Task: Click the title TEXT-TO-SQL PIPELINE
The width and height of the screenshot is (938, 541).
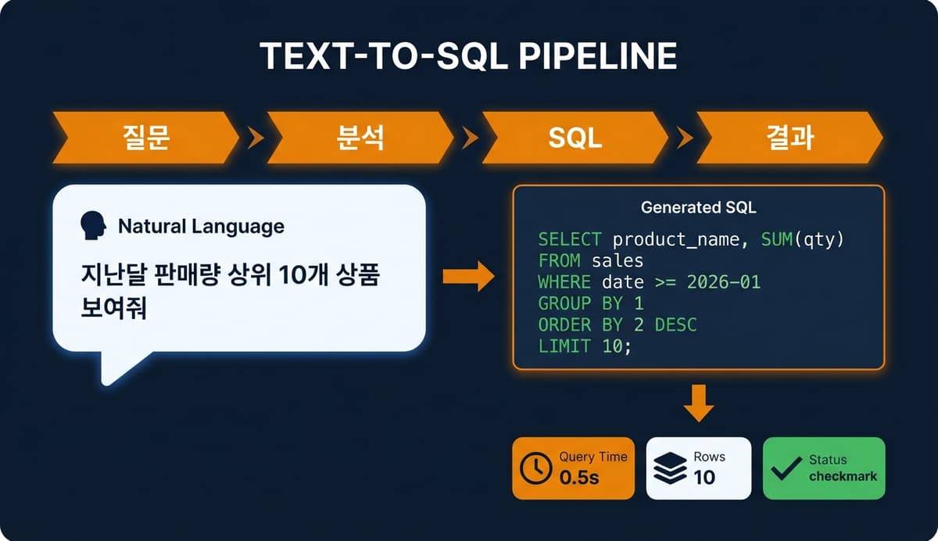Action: tap(468, 57)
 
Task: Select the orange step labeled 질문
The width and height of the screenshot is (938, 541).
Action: tap(146, 138)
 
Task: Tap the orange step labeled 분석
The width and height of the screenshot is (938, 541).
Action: tap(361, 138)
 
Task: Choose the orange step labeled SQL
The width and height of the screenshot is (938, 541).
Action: tap(575, 138)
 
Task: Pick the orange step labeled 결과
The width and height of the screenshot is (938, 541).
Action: tap(789, 138)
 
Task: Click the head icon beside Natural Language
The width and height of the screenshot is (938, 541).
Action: tap(94, 227)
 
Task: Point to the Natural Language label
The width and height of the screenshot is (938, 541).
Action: tap(201, 227)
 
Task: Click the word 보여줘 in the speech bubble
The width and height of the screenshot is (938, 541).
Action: tap(116, 307)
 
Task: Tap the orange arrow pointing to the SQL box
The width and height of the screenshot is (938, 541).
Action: tap(468, 276)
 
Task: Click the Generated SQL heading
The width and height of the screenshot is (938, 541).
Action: tap(698, 208)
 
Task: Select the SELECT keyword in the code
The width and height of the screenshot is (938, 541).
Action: tap(570, 239)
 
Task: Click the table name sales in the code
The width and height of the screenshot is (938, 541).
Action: tap(618, 260)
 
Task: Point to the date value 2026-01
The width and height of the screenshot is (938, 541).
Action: tap(724, 281)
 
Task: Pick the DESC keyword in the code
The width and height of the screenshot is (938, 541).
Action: tap(675, 324)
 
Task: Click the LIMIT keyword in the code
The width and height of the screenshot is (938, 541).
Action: tap(564, 346)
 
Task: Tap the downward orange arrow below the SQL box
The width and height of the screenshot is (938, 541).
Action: tap(699, 402)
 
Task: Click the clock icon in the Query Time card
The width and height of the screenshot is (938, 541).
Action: tap(535, 468)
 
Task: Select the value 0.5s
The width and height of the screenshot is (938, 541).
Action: tap(579, 477)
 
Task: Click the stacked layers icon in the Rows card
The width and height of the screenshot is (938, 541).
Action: tap(670, 468)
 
